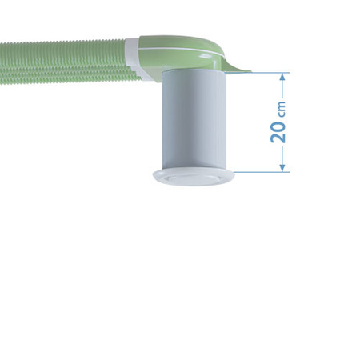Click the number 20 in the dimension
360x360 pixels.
(x=278, y=131)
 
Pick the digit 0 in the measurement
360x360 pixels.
(x=278, y=124)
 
